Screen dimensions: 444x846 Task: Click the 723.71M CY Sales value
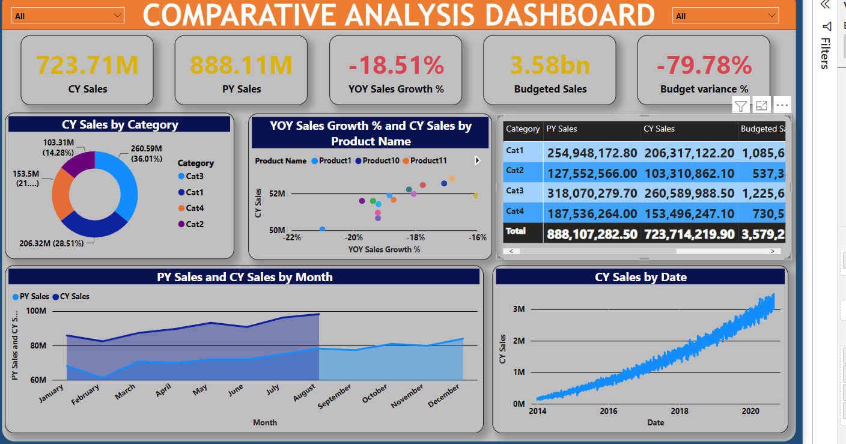pos(87,65)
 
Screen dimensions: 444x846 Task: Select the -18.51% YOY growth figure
pos(395,65)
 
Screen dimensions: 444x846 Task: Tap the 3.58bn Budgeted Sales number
pos(550,65)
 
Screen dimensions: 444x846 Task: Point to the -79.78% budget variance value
pos(704,65)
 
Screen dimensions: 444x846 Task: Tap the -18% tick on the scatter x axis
pos(416,237)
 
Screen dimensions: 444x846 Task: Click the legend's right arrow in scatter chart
pos(478,160)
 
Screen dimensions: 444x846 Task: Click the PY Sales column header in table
pos(562,129)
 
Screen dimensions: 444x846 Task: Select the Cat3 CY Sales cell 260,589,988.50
pos(689,193)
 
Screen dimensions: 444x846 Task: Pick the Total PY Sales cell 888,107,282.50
pos(592,234)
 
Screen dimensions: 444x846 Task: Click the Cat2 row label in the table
pos(515,171)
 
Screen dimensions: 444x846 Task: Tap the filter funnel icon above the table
pos(741,106)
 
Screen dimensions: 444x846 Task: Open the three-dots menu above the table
pos(782,105)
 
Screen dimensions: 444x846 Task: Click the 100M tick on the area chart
pos(53,311)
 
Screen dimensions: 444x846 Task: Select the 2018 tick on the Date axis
pos(680,411)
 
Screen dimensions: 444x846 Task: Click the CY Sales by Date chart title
pos(641,277)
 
